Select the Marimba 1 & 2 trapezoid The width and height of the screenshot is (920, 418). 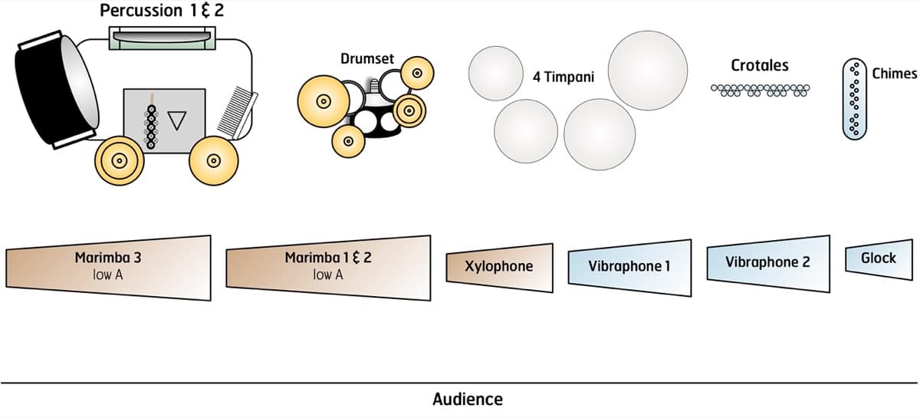point(328,265)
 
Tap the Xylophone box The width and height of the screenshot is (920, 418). point(498,266)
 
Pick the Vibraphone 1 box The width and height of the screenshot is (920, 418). point(629,266)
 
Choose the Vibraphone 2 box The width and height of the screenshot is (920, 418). point(767,262)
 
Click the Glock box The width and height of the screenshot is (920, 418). point(879,258)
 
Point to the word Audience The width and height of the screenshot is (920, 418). point(468,400)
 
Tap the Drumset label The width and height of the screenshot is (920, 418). point(366,58)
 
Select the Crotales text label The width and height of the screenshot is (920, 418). point(759,65)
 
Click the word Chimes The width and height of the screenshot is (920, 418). point(894,74)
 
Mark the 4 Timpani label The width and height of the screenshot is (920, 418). point(563,77)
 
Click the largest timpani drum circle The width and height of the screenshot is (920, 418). point(648,70)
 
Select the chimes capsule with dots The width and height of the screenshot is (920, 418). point(854,99)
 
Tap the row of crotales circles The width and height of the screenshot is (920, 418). point(760,91)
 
